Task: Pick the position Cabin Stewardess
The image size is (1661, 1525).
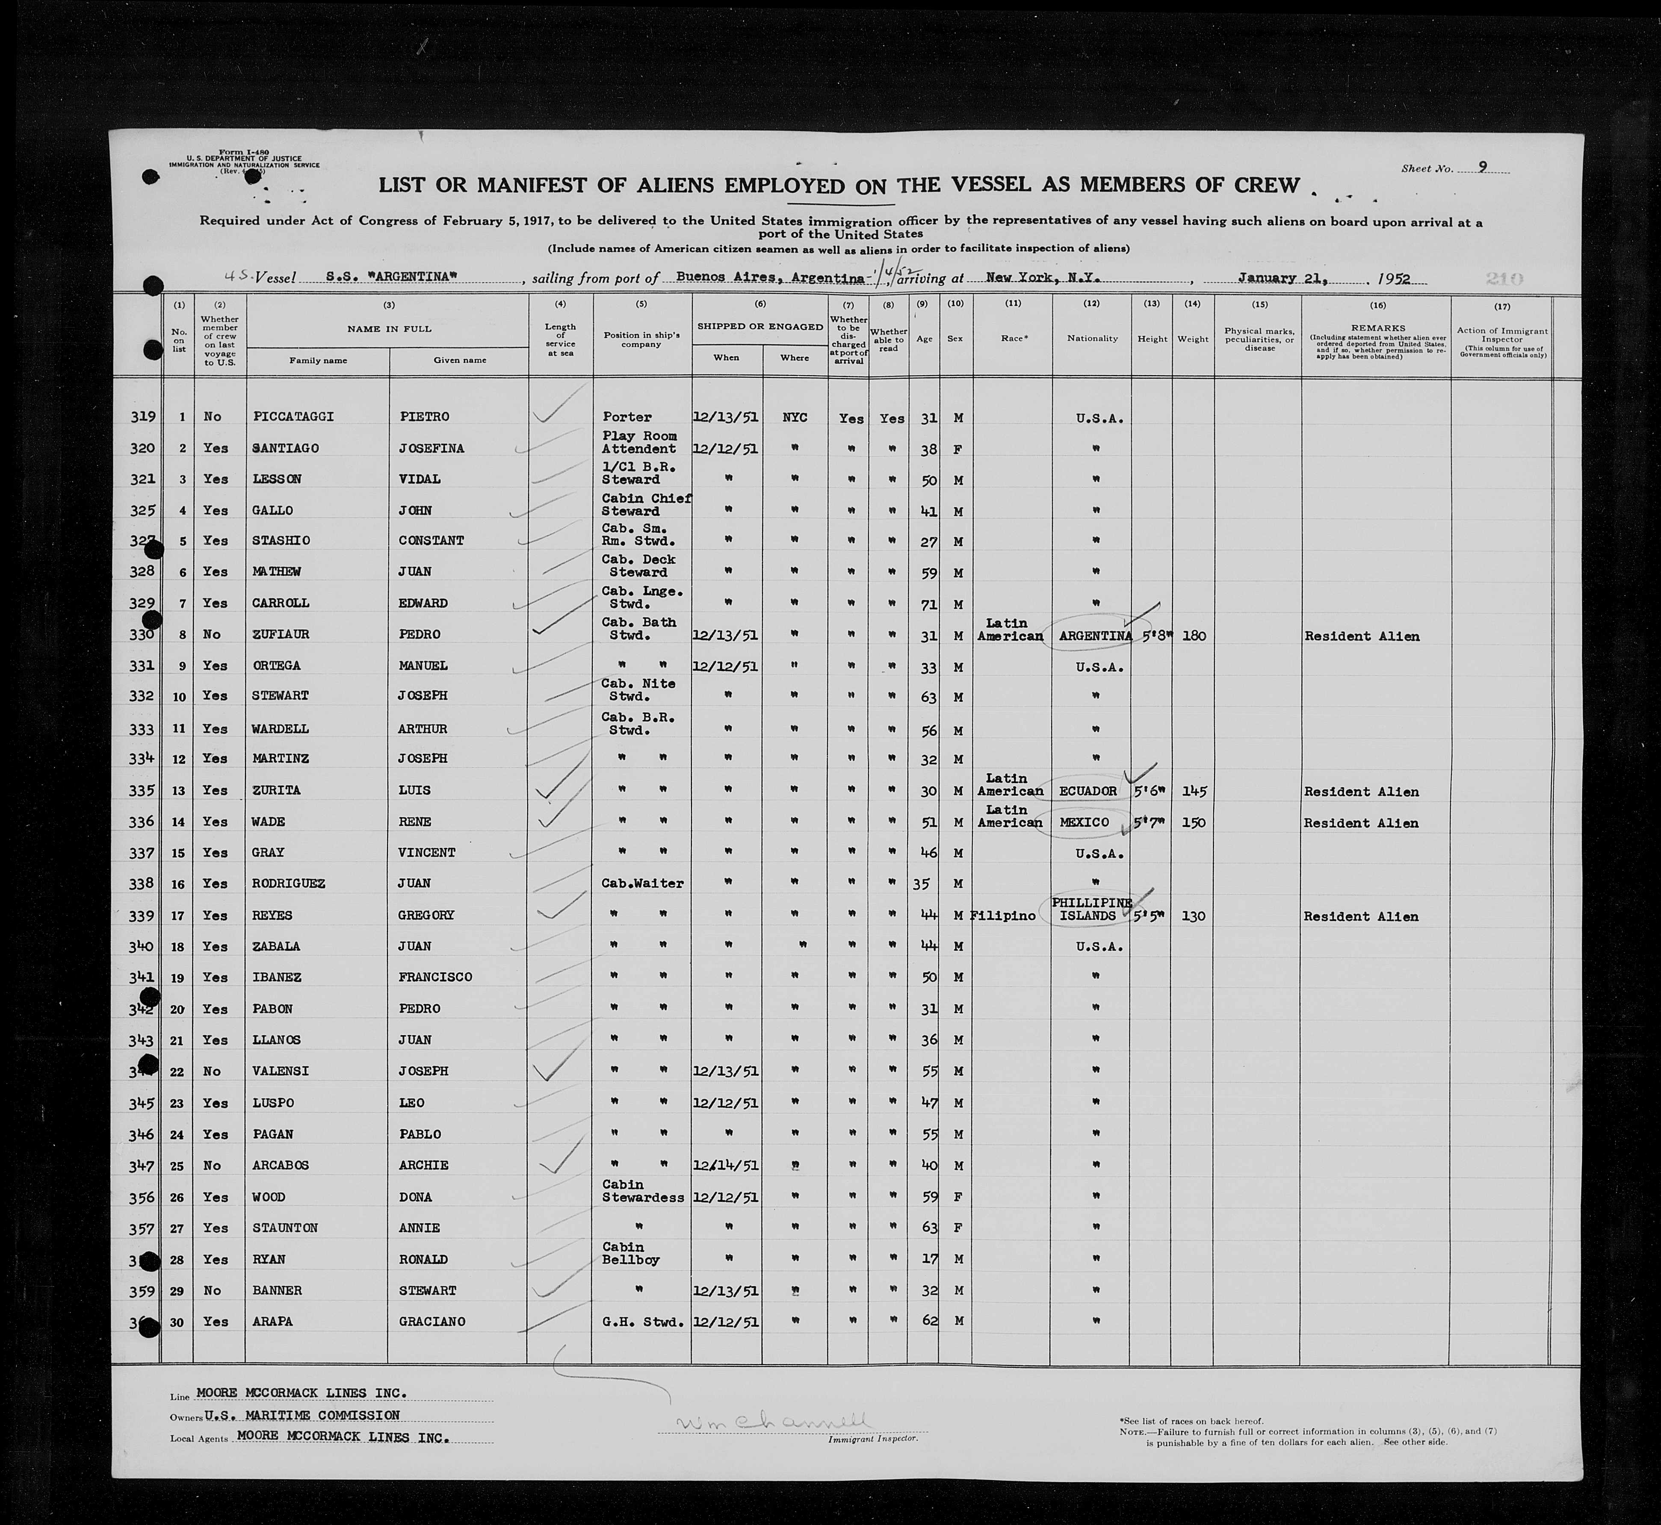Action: tap(642, 1191)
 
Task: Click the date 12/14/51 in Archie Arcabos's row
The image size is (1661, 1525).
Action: tap(726, 1165)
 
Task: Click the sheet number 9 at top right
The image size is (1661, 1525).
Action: tap(1484, 168)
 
